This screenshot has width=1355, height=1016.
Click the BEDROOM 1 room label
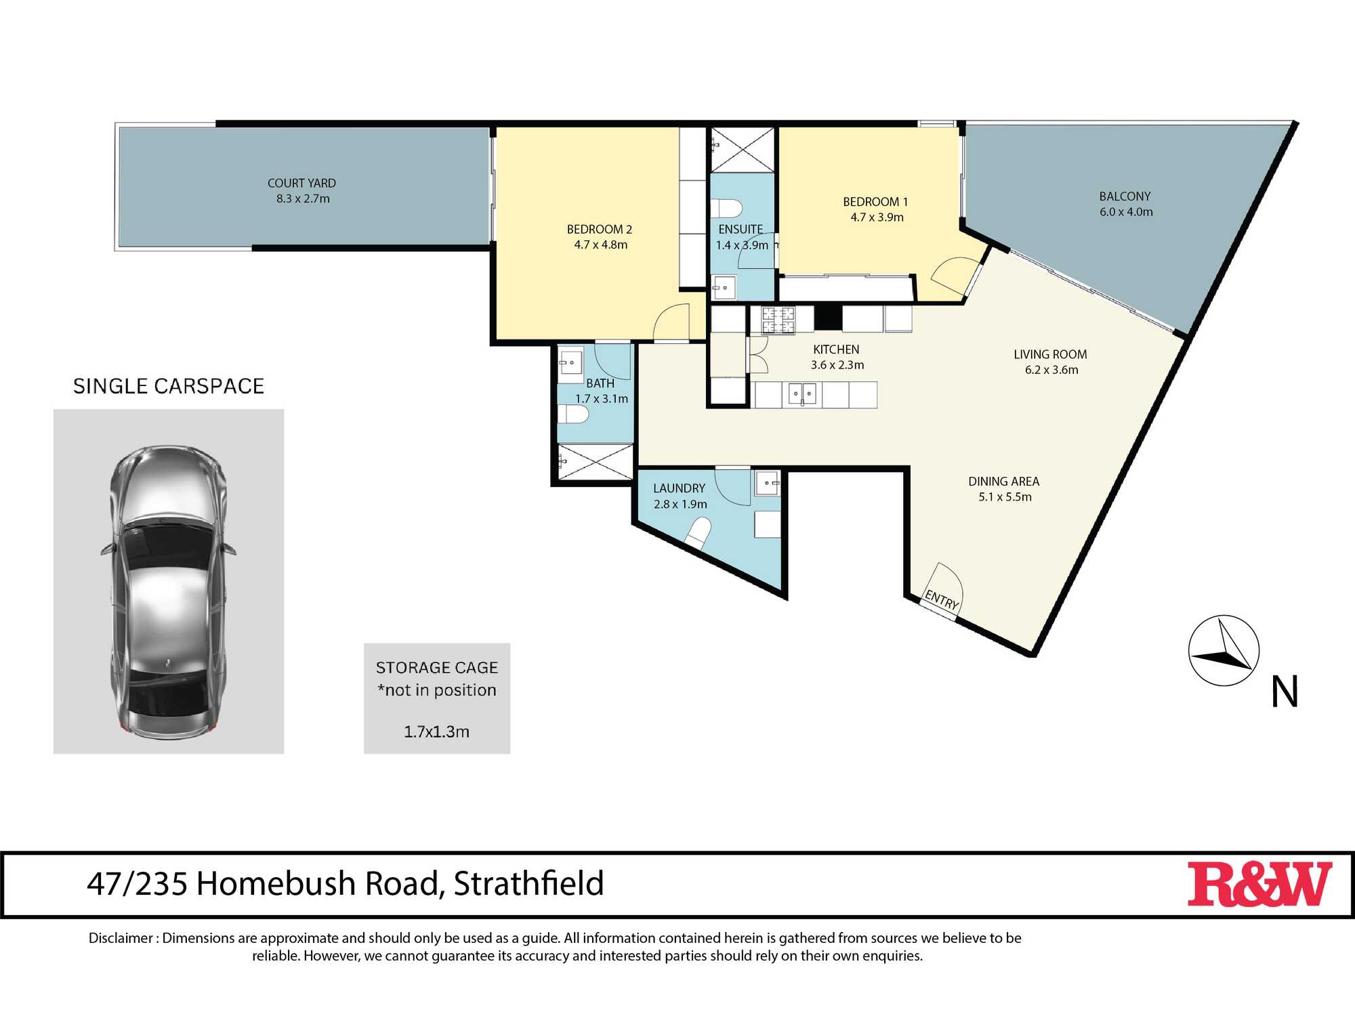875,202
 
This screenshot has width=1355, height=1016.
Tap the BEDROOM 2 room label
600,230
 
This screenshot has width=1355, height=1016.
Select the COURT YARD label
301,183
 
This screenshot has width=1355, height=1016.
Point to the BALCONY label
1125,196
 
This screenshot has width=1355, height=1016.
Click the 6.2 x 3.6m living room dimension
1051,370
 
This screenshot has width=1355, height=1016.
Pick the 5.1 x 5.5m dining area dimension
1005,497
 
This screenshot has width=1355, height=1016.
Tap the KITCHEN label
836,350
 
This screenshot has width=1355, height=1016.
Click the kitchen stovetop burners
778,320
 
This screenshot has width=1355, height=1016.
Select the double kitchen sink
802,394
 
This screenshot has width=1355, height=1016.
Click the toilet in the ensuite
726,208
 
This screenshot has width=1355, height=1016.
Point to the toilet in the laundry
698,532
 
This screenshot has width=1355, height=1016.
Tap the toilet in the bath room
573,414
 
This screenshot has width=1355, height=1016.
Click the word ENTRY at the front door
942,599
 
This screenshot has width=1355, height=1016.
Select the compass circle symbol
1224,651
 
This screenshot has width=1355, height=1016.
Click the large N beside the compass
1285,692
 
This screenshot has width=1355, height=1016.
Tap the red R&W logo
1259,884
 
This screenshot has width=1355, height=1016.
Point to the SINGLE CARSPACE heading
169,386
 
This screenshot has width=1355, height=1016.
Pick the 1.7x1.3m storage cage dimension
437,732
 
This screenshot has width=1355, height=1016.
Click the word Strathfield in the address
528,883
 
